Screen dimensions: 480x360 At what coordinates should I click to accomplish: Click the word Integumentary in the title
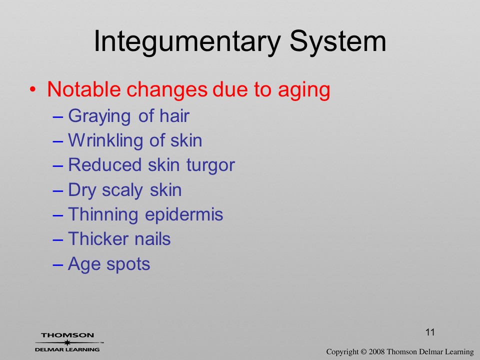tap(187, 42)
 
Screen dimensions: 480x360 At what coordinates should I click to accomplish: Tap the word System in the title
tap(337, 42)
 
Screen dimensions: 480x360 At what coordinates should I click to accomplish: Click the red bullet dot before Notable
tap(33, 89)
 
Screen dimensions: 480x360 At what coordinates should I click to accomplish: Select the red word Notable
tap(84, 89)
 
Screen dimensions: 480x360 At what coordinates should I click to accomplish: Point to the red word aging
tap(304, 91)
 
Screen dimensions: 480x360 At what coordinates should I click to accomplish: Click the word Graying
tap(99, 117)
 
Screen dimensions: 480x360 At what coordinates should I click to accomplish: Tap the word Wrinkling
tap(105, 141)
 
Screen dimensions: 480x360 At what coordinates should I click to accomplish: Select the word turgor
tap(210, 166)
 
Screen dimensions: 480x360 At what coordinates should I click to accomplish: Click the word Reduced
tap(105, 164)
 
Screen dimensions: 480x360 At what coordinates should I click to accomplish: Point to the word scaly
tap(122, 190)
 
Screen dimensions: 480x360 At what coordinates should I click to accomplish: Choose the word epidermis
tap(184, 215)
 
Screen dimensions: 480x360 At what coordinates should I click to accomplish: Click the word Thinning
tap(103, 215)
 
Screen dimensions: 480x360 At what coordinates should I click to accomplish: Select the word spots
tap(128, 265)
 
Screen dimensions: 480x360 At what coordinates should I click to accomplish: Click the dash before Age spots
tap(58, 265)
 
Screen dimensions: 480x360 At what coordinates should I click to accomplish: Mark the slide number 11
tap(430, 332)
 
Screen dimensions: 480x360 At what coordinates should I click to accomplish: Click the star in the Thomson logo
tap(67, 342)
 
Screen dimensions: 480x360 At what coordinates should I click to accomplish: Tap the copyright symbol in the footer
tap(363, 352)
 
